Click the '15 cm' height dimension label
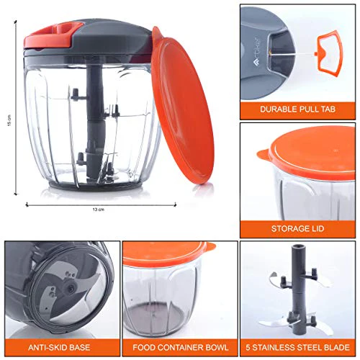(9, 120)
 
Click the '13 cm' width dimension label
(99, 210)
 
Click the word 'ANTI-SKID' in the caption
(47, 348)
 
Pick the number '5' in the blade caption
(248, 348)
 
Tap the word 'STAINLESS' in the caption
(272, 348)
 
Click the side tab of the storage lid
(264, 155)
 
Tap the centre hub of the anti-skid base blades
(71, 287)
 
